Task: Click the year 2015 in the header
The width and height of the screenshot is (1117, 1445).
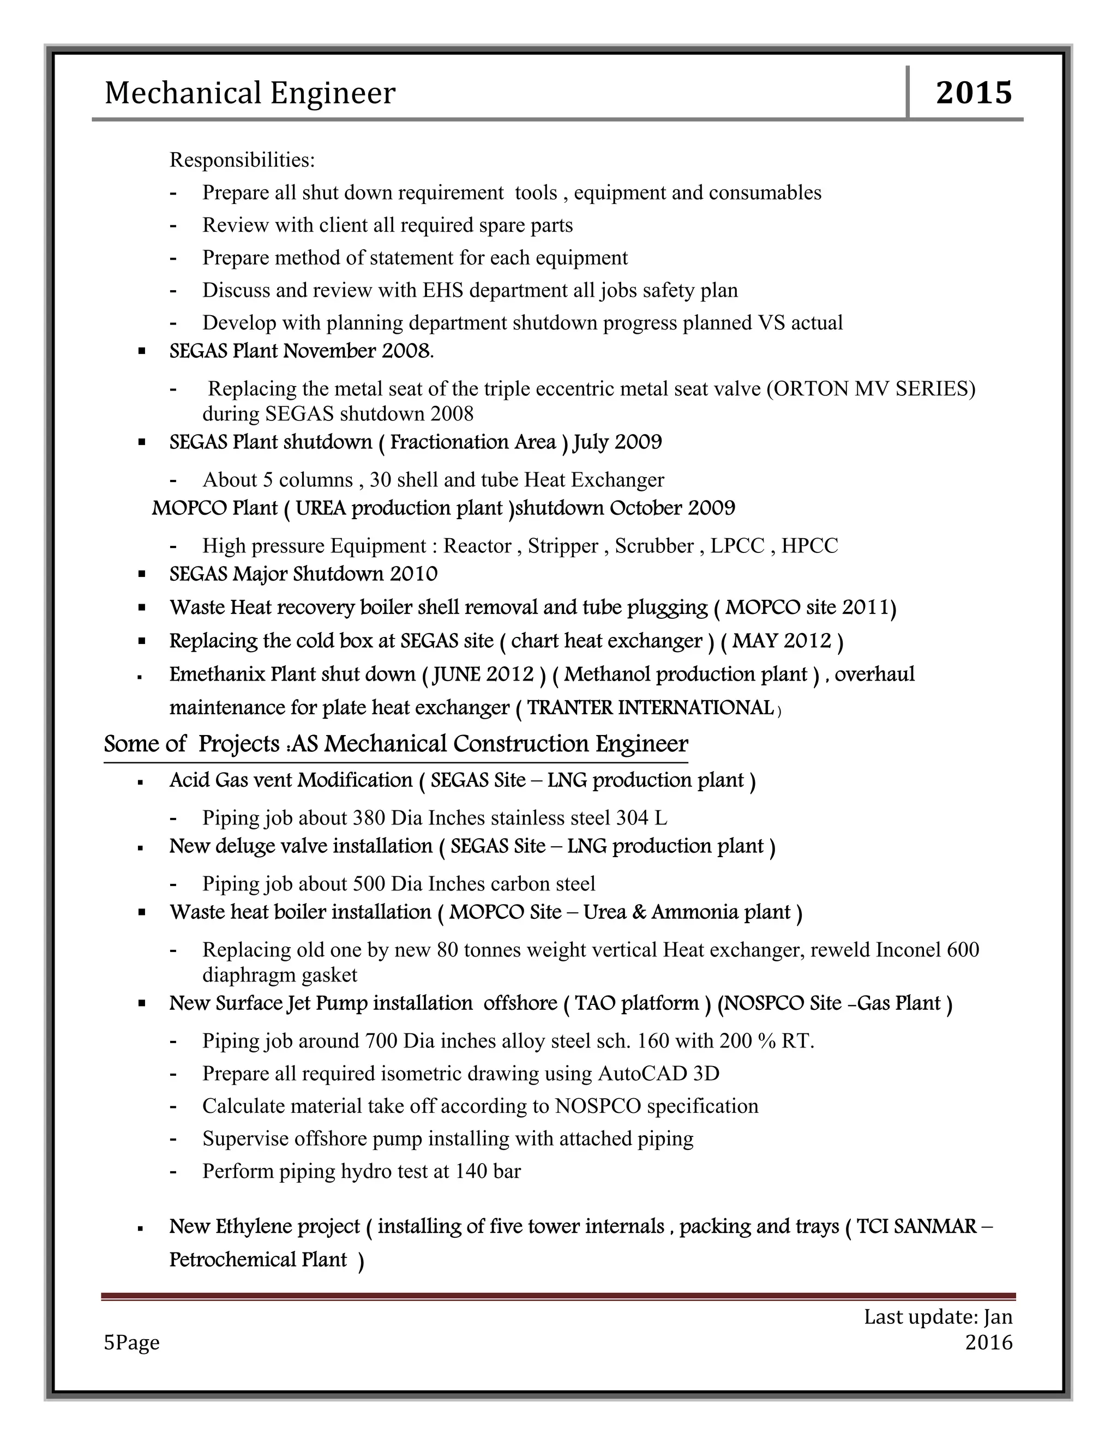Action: coord(974,93)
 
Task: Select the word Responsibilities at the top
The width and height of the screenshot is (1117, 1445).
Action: coord(242,160)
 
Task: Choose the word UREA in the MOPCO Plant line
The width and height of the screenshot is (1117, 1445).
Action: coord(320,508)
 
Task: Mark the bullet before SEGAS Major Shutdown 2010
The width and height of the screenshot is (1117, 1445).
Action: coord(142,574)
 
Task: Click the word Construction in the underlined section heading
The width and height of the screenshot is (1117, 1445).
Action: coord(521,744)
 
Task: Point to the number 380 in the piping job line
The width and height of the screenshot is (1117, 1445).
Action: coord(369,818)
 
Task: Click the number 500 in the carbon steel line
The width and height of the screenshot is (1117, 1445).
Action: coord(369,884)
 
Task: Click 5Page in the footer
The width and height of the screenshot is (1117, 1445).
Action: coord(131,1342)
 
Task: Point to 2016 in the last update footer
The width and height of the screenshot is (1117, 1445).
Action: coord(989,1342)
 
